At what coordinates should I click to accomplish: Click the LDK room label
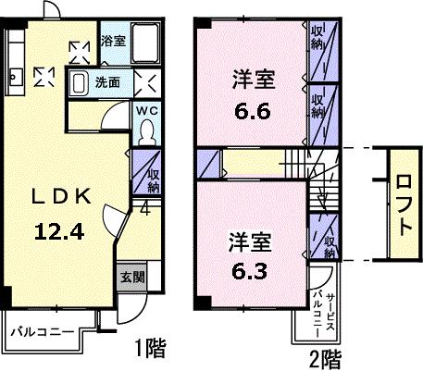point(62,197)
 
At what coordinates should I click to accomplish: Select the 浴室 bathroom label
point(112,41)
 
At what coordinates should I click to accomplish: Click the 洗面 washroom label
point(107,81)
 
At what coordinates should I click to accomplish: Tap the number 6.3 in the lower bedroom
point(248,273)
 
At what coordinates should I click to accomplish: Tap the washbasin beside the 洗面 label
point(80,81)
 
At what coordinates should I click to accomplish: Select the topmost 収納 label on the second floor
point(317,38)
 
